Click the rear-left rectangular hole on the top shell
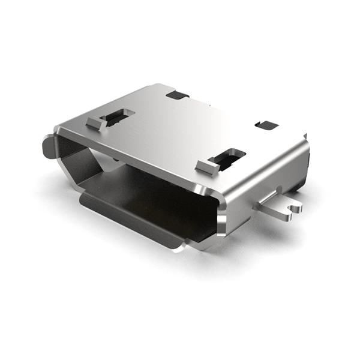click(178, 94)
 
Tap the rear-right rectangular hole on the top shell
click(266, 125)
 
